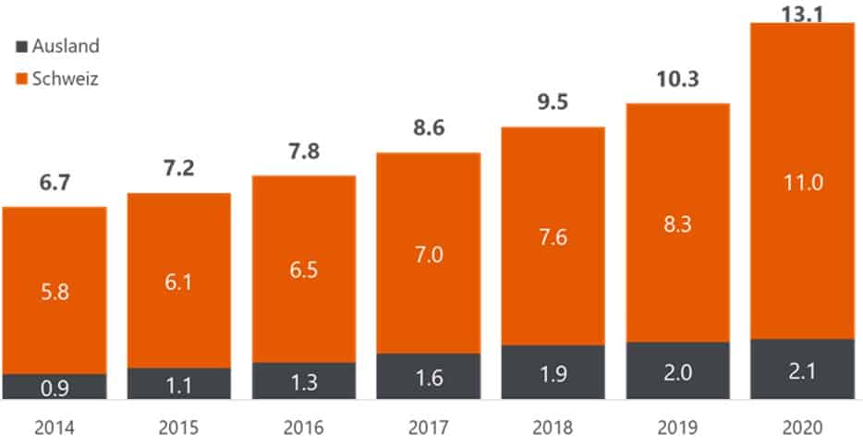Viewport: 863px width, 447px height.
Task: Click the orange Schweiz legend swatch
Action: pos(21,79)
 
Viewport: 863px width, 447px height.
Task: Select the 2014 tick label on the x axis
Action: pos(55,428)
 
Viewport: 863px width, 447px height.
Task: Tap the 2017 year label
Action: pos(429,428)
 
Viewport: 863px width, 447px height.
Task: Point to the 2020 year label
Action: pos(801,428)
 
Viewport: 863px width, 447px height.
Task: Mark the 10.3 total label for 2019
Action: pos(677,79)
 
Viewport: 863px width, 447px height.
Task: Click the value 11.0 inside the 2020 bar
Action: pos(802,182)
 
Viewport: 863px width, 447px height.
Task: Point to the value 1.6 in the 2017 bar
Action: pos(429,378)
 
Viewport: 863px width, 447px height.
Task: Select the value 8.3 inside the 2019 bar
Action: pos(677,223)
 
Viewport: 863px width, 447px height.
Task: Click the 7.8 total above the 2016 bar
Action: pos(304,151)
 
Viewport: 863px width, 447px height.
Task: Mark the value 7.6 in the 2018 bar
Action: pos(553,236)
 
